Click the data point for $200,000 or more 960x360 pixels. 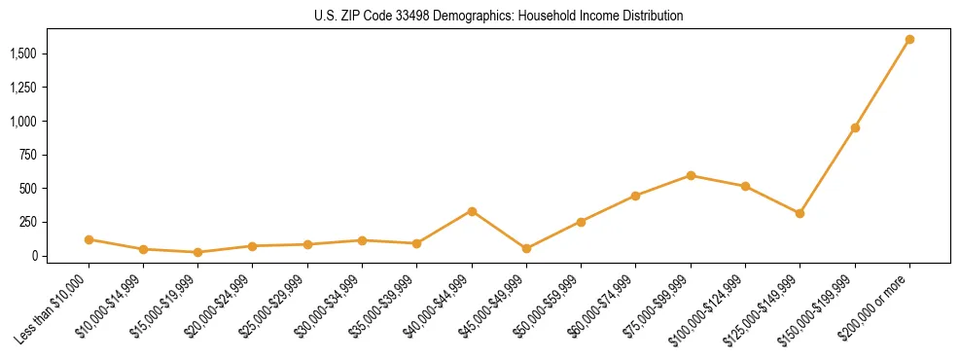(909, 40)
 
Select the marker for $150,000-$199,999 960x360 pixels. (855, 127)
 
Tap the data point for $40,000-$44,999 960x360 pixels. (472, 211)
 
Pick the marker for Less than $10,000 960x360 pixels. (89, 239)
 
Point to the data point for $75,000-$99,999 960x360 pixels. (691, 175)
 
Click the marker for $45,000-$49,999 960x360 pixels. (526, 248)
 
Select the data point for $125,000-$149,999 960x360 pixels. (800, 213)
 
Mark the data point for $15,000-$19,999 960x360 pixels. (197, 252)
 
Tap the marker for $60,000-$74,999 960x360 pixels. (635, 196)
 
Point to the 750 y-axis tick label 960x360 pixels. (32, 155)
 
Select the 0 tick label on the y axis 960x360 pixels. (38, 256)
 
